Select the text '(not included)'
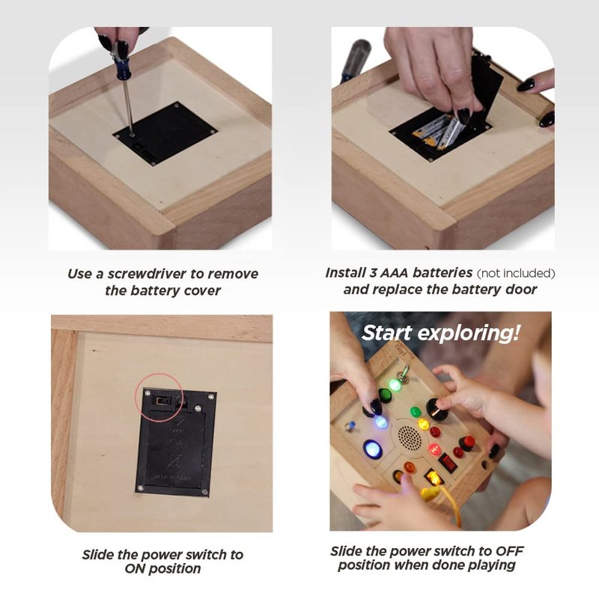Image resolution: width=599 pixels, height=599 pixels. tap(516, 273)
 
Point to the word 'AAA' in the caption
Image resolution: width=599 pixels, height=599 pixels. tap(394, 273)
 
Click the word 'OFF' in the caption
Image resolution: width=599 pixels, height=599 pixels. tap(509, 551)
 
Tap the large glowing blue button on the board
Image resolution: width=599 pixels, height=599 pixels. tap(372, 449)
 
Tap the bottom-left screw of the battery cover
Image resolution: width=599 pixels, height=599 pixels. tap(141, 488)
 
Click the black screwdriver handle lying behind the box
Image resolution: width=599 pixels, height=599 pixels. tap(354, 60)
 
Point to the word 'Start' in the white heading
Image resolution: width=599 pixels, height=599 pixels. tap(387, 332)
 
